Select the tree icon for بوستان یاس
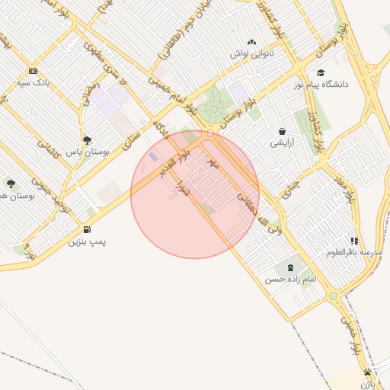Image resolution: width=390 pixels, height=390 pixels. [88, 141]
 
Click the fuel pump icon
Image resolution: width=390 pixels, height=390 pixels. [87, 230]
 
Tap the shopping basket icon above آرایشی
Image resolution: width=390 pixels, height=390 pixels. [282, 131]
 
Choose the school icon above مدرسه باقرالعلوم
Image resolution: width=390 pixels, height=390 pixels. [354, 241]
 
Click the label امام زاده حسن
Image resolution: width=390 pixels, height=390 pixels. [290, 280]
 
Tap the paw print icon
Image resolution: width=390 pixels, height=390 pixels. [369, 372]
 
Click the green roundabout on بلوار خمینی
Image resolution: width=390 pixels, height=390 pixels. [333, 296]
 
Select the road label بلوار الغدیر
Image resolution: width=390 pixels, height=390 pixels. [174, 163]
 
